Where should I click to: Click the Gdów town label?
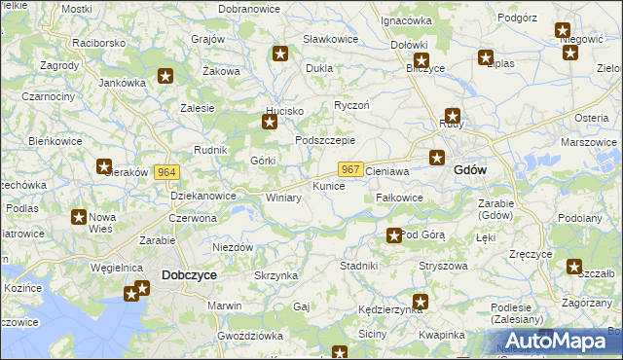point(470,169)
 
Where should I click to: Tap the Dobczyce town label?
point(189,275)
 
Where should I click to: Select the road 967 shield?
point(352,169)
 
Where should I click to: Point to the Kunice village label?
point(328,185)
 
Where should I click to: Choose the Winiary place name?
point(283,198)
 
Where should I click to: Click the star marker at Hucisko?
point(270,122)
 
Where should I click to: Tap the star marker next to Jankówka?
point(165,75)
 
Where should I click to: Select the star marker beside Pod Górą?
point(393,234)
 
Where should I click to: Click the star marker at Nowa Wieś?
point(79,217)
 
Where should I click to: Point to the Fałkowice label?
point(399,198)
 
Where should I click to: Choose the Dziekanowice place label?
point(203,196)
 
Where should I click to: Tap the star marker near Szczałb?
point(574,266)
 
